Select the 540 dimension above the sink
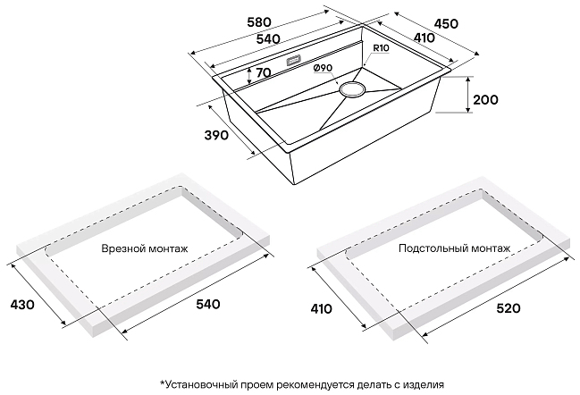pos(267,38)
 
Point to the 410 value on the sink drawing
pos(423,38)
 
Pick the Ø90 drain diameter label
pos(324,70)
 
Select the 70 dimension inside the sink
pos(262,74)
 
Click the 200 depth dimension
pos(484,99)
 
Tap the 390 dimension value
pos(217,136)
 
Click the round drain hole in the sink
pos(351,89)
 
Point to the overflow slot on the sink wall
pos(294,62)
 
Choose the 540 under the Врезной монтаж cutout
pos(206,305)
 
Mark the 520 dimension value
pos(509,308)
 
